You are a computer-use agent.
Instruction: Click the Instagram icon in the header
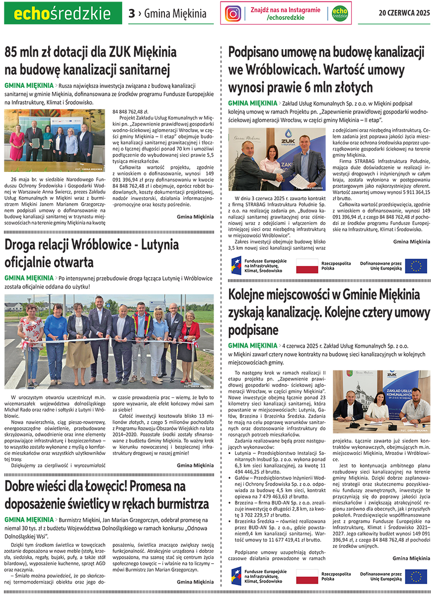(233, 13)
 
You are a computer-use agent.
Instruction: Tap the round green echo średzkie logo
(339, 13)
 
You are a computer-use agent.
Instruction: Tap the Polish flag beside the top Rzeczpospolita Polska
(307, 266)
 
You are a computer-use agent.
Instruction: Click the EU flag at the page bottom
(416, 576)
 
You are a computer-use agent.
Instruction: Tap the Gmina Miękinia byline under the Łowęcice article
(195, 582)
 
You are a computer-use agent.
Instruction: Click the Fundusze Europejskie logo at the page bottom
(258, 576)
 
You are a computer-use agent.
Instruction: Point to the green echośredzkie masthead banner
(63, 13)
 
